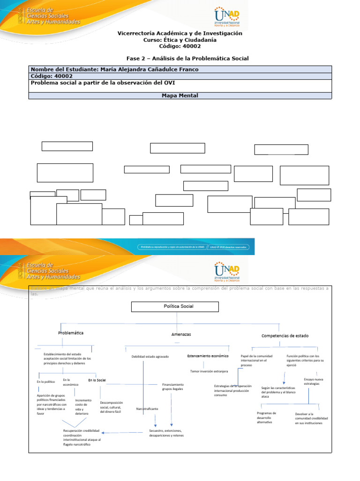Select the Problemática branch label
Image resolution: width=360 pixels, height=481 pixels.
pos(71,333)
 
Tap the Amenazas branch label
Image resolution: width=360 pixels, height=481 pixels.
pos(181,334)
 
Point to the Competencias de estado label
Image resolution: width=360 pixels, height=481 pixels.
pos(285,336)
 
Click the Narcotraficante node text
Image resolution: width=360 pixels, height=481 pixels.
pos(147,409)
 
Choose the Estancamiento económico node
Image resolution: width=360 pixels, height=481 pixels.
pos(208,356)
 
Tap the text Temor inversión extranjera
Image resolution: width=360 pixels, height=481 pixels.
pos(209,371)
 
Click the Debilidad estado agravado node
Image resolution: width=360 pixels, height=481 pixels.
pos(150,357)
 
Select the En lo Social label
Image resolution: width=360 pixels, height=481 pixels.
pos(97,380)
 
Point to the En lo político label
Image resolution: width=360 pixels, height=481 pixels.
pos(46,382)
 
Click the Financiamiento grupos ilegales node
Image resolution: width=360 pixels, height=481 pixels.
pos(172,387)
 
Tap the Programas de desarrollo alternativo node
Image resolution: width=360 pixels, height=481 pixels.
pos(266,418)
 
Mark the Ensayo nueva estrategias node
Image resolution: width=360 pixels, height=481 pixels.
pos(314,381)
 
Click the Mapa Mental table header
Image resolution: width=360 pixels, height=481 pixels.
pos(180,96)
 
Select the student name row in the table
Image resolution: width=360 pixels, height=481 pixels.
pos(180,70)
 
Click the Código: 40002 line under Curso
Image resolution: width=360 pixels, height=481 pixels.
pos(180,47)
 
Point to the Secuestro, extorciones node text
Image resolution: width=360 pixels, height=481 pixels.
pos(166,433)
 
